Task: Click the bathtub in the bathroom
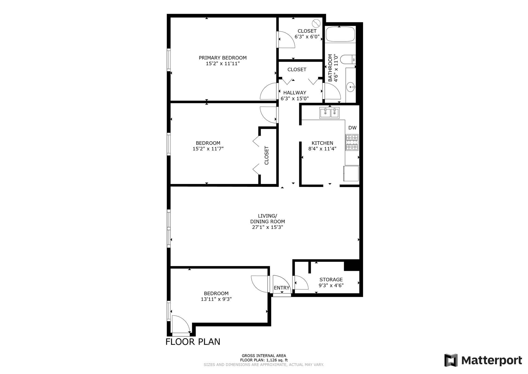tap(340, 34)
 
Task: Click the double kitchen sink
tap(329, 113)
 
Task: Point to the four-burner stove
tap(352, 142)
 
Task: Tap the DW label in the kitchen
tap(352, 128)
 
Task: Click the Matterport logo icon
tap(451, 360)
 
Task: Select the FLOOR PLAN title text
tap(193, 342)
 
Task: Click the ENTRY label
tap(282, 288)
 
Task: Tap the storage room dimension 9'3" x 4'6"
tap(331, 286)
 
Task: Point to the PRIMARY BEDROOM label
tap(223, 58)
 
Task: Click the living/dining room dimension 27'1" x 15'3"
tap(268, 227)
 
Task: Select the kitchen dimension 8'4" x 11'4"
tap(322, 149)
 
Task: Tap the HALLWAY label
tap(295, 93)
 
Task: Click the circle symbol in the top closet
tap(316, 23)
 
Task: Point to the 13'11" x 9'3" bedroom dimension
tap(216, 299)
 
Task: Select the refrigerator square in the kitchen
tap(351, 174)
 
